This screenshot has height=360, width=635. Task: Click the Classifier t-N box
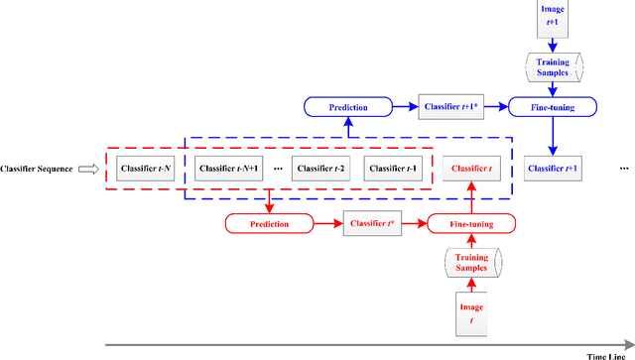[x=145, y=168]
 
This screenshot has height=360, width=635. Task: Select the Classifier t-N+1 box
[x=228, y=168]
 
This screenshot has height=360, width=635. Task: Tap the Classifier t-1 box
[x=393, y=168]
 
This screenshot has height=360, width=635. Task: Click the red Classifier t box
[x=471, y=168]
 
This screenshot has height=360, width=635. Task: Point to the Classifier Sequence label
[x=38, y=169]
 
